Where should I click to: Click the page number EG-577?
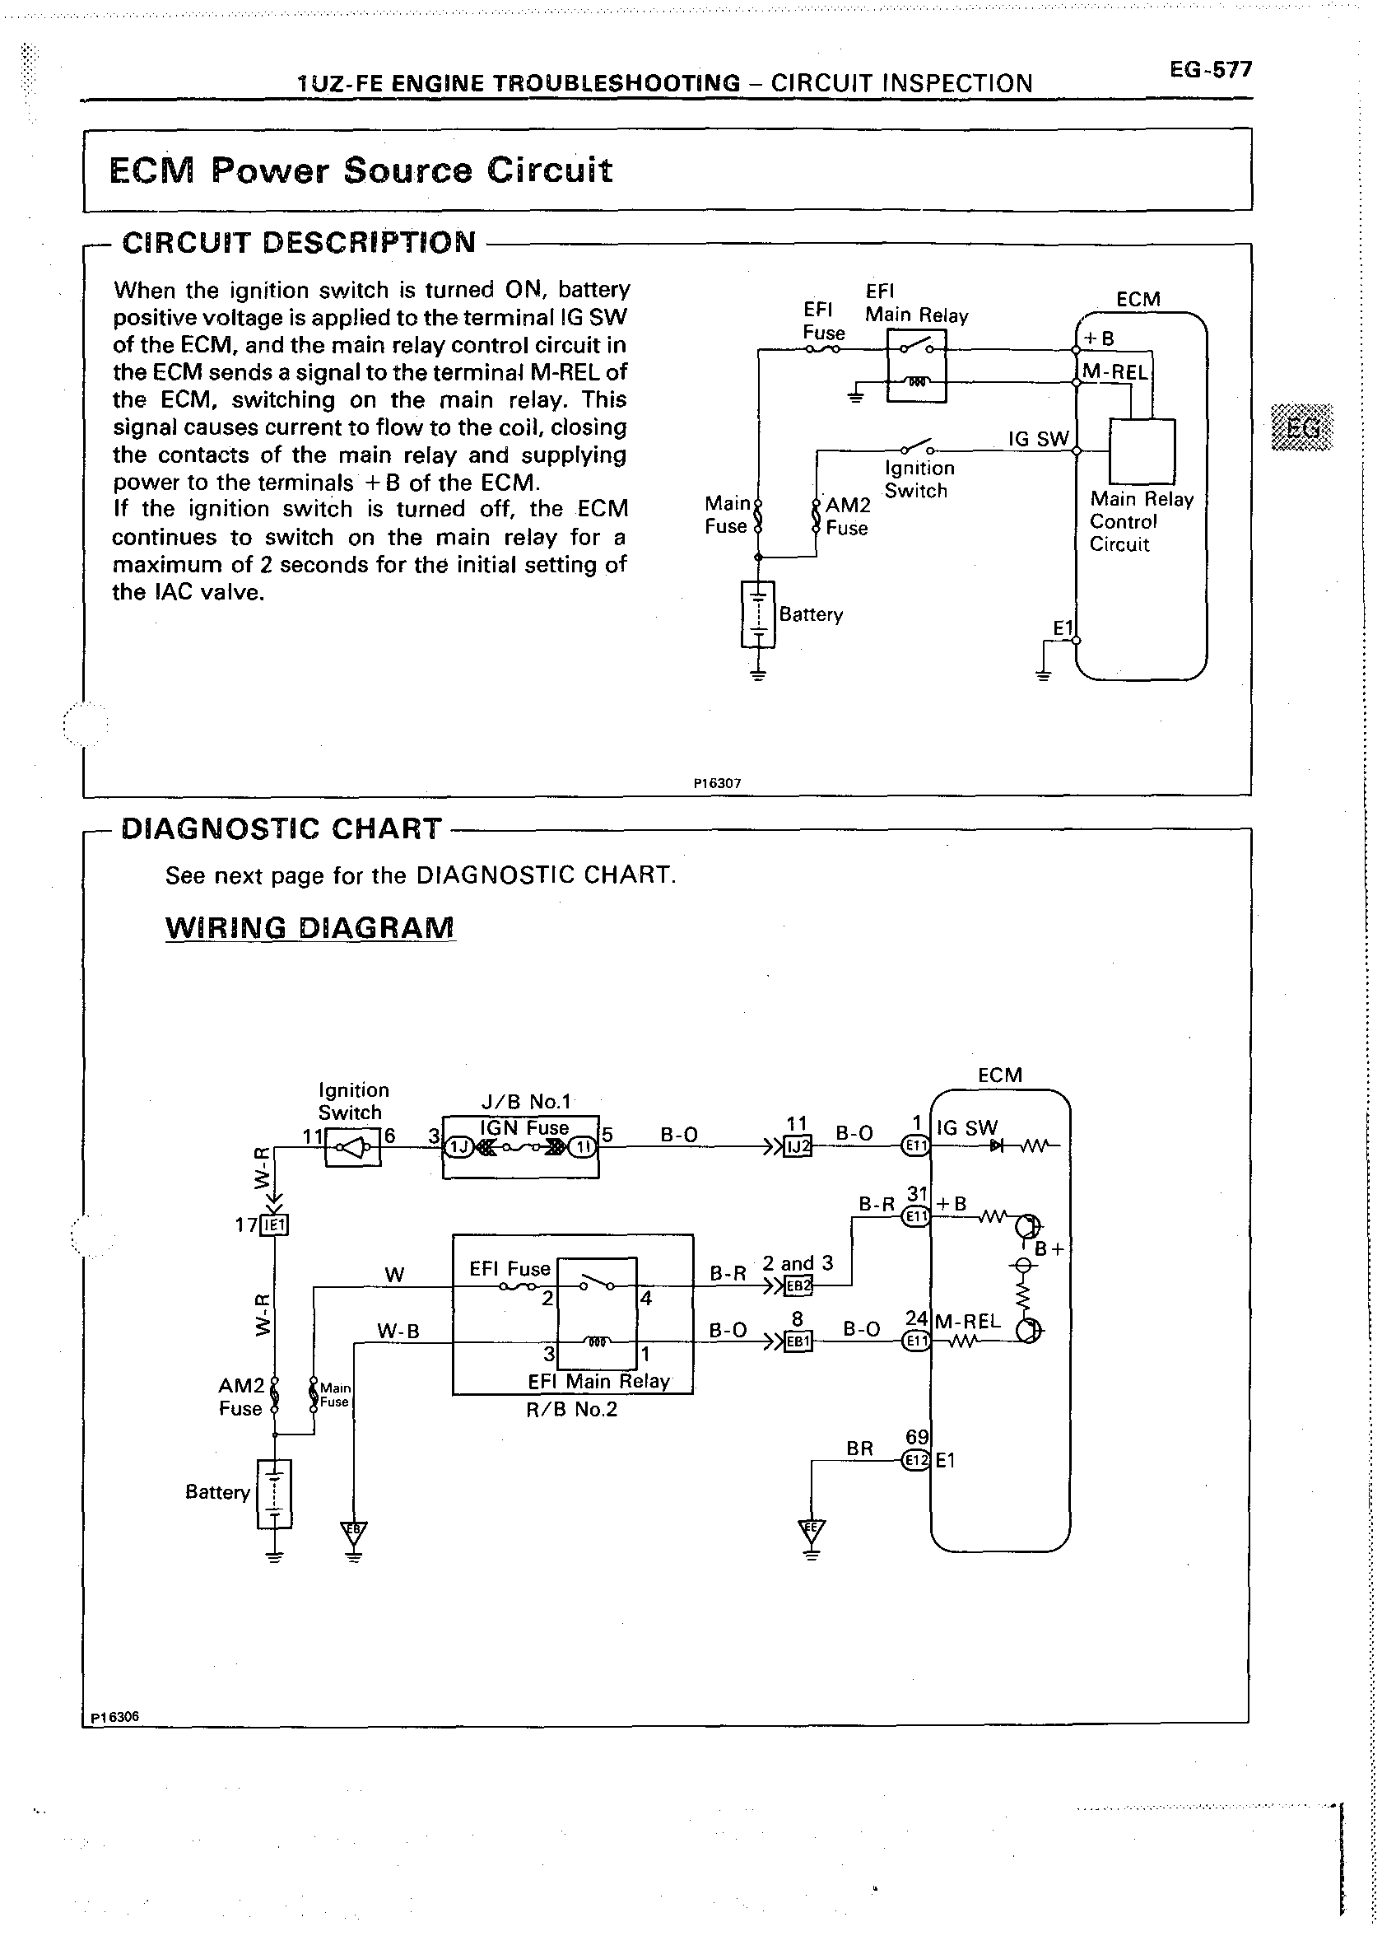(x=1210, y=69)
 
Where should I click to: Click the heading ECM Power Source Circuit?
(x=360, y=170)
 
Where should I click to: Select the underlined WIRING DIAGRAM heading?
(x=309, y=927)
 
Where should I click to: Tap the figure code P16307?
(x=717, y=782)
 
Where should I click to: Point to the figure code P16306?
(x=114, y=1717)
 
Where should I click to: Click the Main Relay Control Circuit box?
(x=1141, y=450)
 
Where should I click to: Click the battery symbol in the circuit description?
(x=759, y=613)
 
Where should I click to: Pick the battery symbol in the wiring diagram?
(x=274, y=1493)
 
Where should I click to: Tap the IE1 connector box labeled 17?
(x=275, y=1225)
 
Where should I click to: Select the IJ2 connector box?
(x=798, y=1145)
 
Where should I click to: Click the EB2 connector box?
(x=798, y=1285)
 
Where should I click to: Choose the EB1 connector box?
(x=798, y=1341)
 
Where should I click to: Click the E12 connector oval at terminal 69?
(x=915, y=1460)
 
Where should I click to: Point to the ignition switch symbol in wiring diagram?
(x=353, y=1147)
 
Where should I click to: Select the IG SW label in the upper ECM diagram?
(x=1039, y=439)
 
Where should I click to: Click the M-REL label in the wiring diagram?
(x=968, y=1322)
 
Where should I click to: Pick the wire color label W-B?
(x=398, y=1331)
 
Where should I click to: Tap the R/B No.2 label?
(x=571, y=1409)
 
